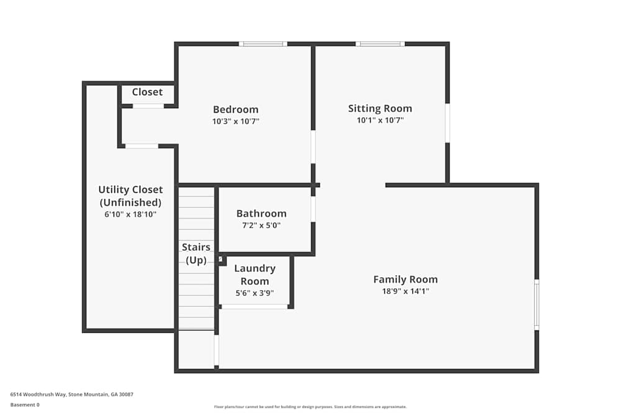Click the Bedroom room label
click(x=235, y=110)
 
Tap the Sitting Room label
click(x=380, y=108)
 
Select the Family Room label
click(x=406, y=279)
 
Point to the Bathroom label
click(x=261, y=213)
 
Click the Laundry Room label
click(x=255, y=274)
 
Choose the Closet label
click(x=147, y=92)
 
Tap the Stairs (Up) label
click(x=196, y=254)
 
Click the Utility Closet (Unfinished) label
click(x=130, y=196)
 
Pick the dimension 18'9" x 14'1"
click(x=406, y=291)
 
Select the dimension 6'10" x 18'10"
click(x=130, y=214)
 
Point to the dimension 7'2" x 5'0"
click(x=261, y=225)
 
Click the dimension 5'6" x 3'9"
click(x=255, y=292)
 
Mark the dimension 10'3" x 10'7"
click(x=235, y=121)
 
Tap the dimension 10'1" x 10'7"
click(x=380, y=120)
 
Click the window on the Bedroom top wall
click(x=263, y=44)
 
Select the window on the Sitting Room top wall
click(x=380, y=44)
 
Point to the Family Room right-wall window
click(x=537, y=304)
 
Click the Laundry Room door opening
click(x=255, y=306)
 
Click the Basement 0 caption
click(x=25, y=404)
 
